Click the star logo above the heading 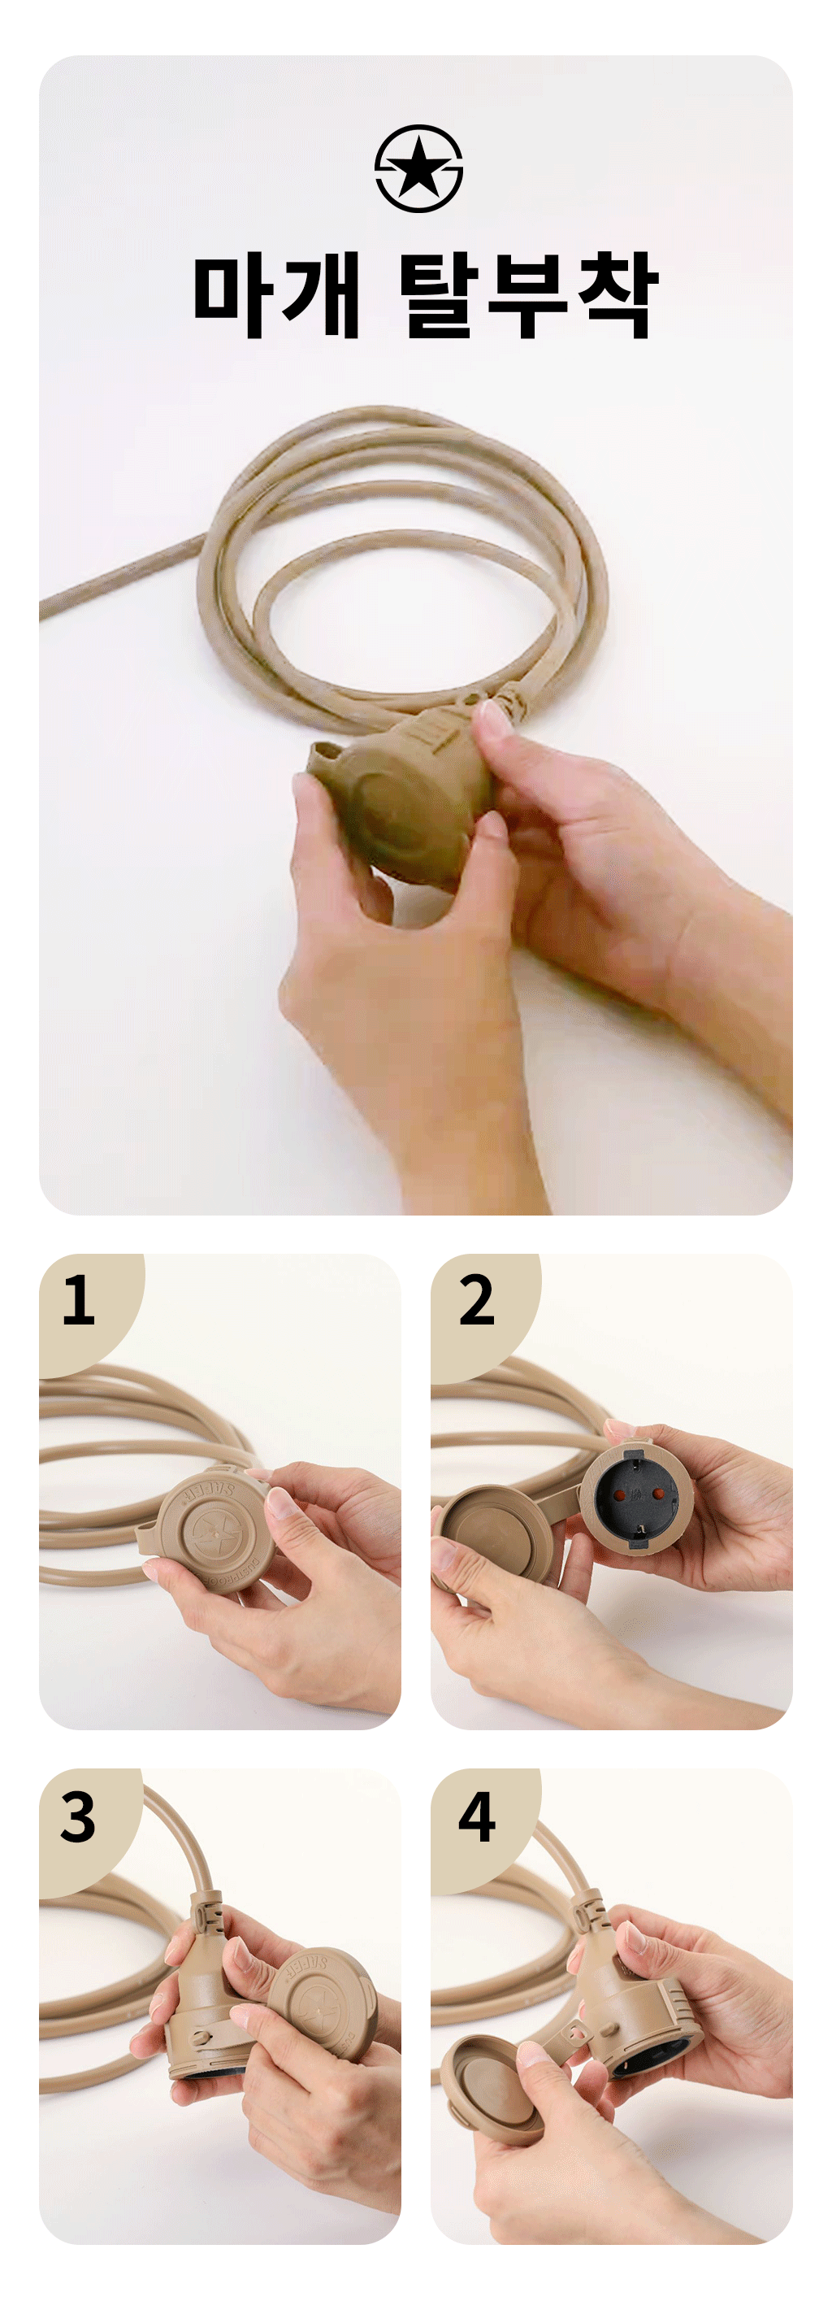click(x=418, y=168)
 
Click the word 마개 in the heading click(x=277, y=295)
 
